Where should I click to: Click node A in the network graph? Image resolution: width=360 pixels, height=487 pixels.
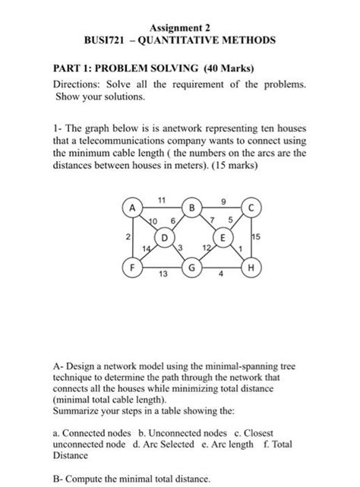point(131,207)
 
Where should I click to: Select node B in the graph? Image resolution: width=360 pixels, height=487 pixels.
point(192,207)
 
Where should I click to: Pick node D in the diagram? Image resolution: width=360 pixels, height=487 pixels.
point(161,237)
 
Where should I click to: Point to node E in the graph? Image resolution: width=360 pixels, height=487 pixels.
point(223,237)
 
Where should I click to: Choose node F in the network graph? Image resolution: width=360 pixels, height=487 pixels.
point(131,268)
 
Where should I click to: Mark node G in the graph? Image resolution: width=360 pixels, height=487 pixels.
point(192,268)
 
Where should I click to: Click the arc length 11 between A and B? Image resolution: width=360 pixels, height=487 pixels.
point(162,199)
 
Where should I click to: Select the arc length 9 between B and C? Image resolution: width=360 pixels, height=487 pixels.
point(223,199)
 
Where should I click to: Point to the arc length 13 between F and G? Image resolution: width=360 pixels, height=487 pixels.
point(162,277)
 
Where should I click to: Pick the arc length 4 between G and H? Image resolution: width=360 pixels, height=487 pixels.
point(221,277)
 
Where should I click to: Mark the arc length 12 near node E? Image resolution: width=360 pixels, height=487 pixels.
point(206,248)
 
